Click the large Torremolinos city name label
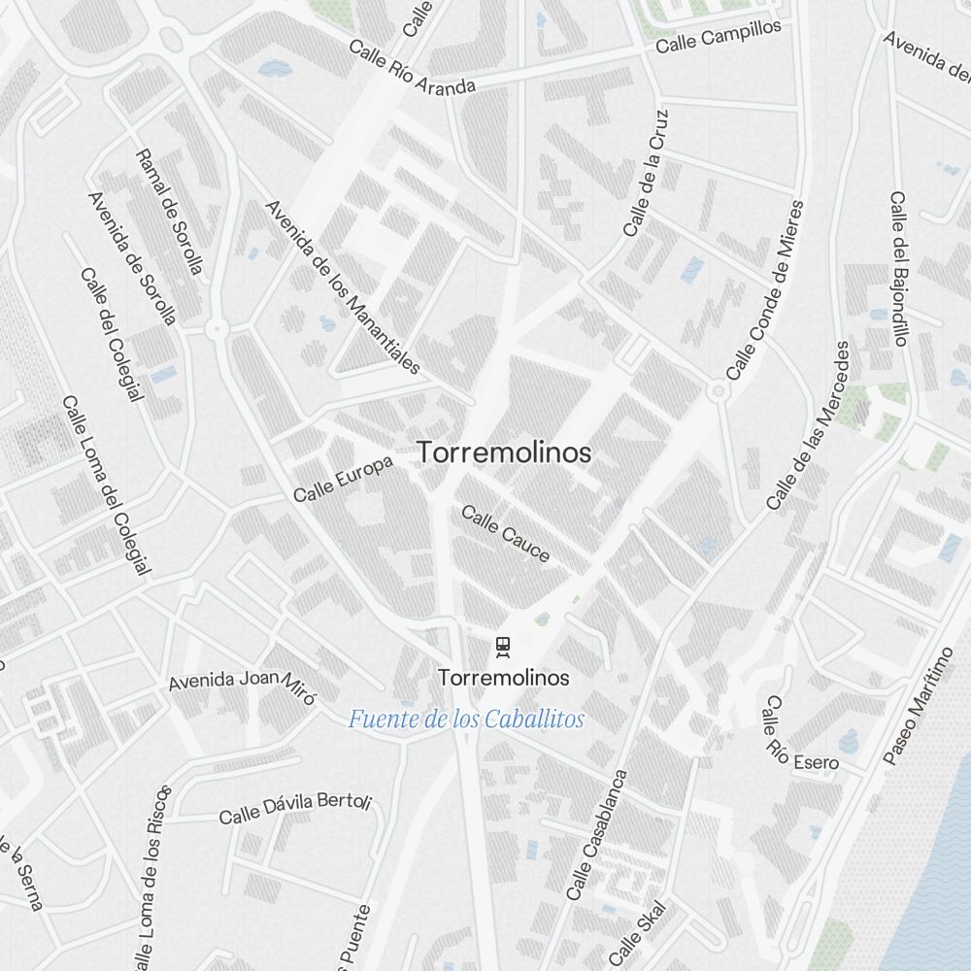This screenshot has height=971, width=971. [504, 452]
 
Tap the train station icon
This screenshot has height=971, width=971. [503, 645]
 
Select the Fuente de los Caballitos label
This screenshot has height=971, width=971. [466, 720]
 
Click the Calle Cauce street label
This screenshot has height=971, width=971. [506, 533]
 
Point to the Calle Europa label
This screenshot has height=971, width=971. [344, 480]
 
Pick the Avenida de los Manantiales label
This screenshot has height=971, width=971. [343, 287]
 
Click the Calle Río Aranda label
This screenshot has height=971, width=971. [412, 68]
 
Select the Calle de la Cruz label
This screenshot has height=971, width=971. [647, 173]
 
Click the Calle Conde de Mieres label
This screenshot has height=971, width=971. [765, 290]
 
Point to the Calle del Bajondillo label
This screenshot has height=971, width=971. [898, 268]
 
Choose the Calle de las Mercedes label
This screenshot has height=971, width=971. [808, 425]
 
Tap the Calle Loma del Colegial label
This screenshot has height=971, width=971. [106, 485]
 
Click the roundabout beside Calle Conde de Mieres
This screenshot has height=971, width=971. [719, 391]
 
